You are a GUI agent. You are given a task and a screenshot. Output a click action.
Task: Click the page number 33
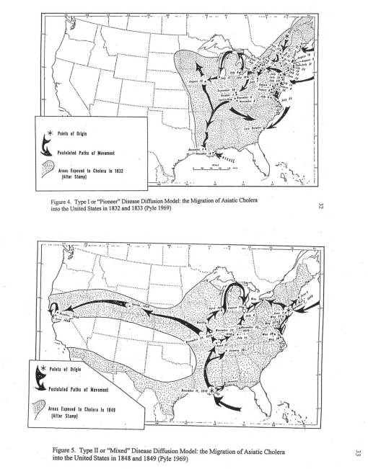pos(351,452)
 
